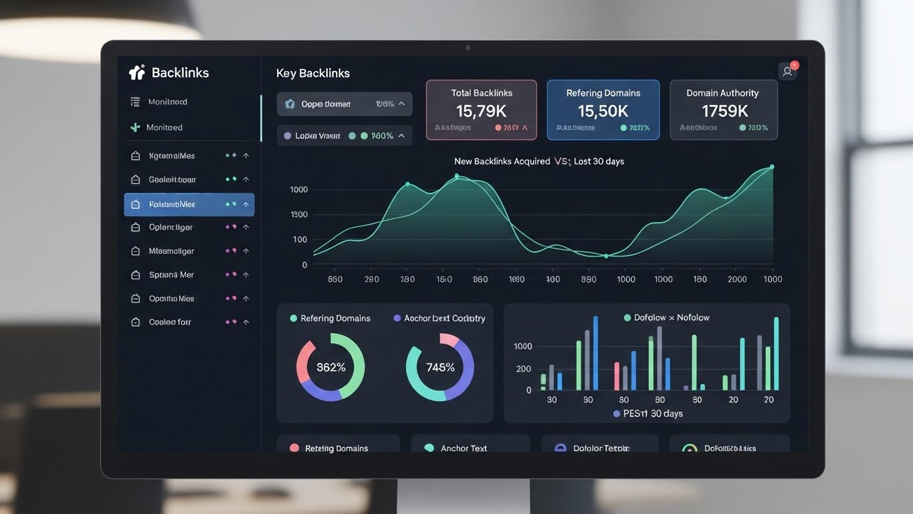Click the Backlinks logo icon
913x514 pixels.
point(136,72)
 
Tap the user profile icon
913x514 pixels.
point(787,72)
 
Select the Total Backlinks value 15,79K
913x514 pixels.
point(481,111)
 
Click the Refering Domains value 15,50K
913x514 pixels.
point(603,111)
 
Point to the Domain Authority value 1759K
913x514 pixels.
point(724,111)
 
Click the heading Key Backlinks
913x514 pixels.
point(313,74)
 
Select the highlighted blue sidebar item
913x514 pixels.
point(189,204)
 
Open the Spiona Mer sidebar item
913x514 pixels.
point(172,275)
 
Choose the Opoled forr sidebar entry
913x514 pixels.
point(170,322)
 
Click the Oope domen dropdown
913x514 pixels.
point(344,104)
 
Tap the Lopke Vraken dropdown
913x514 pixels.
point(344,136)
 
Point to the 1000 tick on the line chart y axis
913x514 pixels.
point(299,190)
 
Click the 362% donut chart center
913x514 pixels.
point(330,367)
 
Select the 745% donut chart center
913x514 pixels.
point(440,367)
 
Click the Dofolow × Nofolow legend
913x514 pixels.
point(666,318)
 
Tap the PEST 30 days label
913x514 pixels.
point(648,414)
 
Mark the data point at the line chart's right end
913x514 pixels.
point(772,167)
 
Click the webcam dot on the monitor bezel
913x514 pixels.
point(468,48)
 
